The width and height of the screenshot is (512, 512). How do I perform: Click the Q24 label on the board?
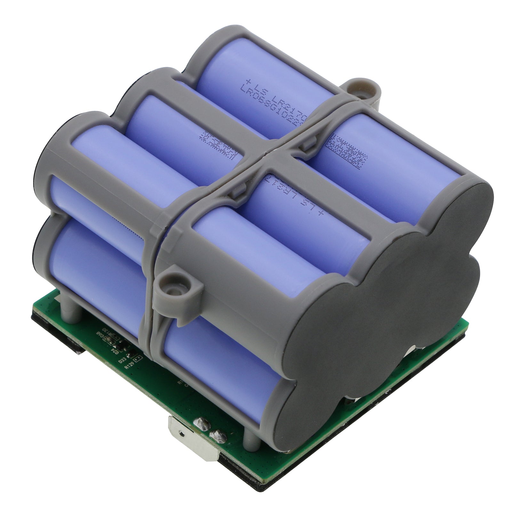(115, 351)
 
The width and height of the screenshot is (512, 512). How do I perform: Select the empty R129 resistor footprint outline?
(138, 359)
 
